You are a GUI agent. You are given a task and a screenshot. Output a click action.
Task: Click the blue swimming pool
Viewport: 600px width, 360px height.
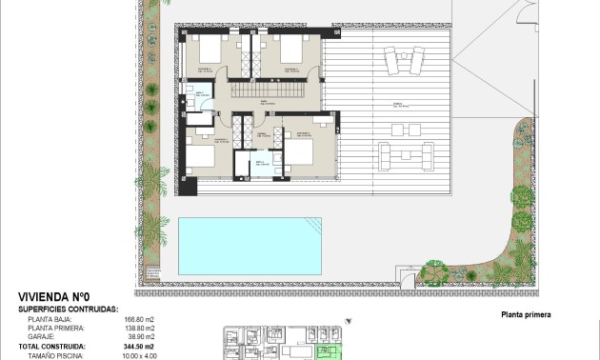click(249, 246)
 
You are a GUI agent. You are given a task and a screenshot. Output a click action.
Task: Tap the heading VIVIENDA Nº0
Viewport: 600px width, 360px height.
click(54, 297)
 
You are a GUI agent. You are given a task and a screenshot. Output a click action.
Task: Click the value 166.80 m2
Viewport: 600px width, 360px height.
click(138, 319)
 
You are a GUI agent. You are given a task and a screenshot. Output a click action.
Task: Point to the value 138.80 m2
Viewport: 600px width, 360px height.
click(138, 329)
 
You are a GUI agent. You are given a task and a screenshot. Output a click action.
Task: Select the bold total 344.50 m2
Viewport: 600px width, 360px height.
click(138, 347)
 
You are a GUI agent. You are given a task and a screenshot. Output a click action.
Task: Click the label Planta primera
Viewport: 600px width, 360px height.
click(526, 314)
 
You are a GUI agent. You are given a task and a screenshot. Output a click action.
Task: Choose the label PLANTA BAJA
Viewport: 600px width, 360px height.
click(49, 319)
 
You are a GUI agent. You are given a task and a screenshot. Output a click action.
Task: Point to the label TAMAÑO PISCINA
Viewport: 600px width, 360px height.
click(54, 355)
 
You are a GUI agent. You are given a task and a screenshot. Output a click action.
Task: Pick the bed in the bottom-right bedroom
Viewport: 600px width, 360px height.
click(299, 151)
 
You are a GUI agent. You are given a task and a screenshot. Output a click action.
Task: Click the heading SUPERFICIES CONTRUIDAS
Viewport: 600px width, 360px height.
click(67, 309)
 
